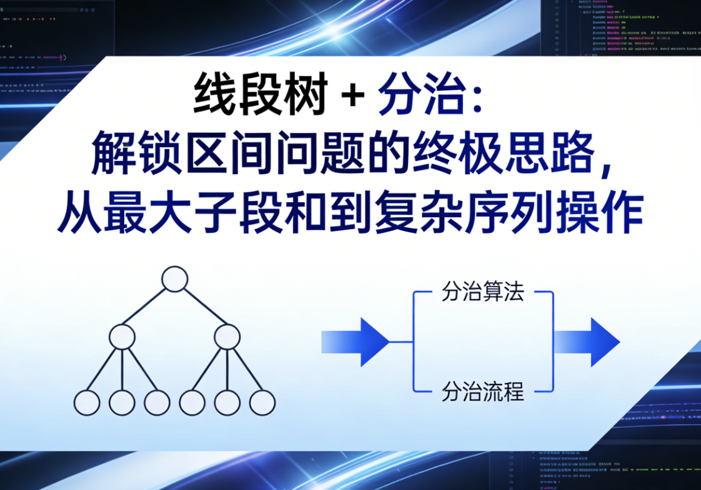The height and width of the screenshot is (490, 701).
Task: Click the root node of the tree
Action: (x=174, y=279)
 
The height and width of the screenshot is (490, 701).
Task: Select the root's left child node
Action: (x=122, y=337)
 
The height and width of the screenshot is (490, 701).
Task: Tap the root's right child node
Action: (x=227, y=337)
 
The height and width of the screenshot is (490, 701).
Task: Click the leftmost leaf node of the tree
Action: (x=87, y=403)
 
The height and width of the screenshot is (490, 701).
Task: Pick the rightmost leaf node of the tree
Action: (x=262, y=403)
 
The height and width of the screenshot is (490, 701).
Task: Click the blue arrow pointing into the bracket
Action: (x=355, y=342)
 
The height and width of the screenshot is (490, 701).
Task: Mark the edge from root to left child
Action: (x=147, y=307)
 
